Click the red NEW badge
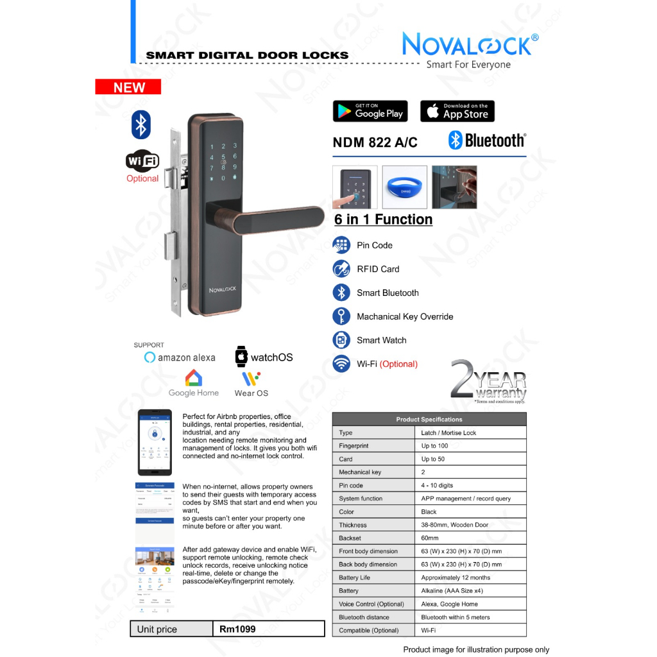point(128,87)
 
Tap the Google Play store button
point(370,111)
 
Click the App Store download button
point(457,111)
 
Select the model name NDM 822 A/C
point(375,142)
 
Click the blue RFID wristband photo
point(404,187)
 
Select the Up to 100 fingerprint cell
point(434,446)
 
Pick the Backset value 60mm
point(430,538)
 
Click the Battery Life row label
point(354,577)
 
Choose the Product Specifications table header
point(429,419)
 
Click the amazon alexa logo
point(180,357)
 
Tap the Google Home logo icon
point(193,378)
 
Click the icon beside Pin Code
point(341,245)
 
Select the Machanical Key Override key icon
point(341,316)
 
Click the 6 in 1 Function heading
point(383,219)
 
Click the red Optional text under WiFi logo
point(142,178)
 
